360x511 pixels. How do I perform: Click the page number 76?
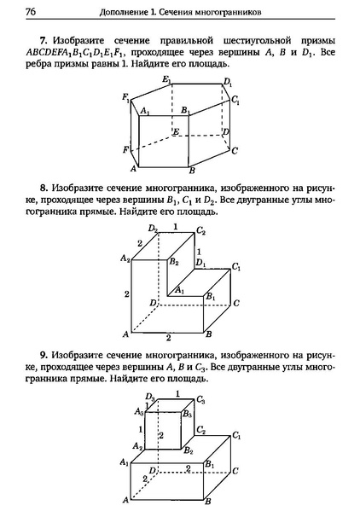coord(31,12)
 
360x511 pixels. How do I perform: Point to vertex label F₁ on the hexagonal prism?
coord(125,96)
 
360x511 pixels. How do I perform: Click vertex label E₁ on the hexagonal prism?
coord(166,80)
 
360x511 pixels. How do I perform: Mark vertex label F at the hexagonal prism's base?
coord(126,149)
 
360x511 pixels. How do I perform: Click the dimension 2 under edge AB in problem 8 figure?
coord(168,339)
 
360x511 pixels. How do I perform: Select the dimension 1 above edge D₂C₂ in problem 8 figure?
coord(176,226)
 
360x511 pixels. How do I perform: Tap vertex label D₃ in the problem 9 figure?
coord(149,397)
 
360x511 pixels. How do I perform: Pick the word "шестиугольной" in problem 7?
coord(251,42)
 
